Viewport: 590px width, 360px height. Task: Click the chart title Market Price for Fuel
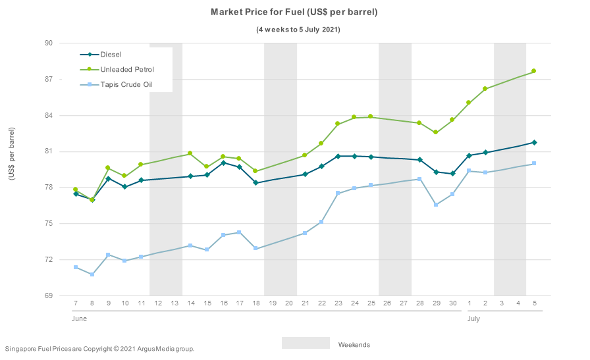pos(294,12)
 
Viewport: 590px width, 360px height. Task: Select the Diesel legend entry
pos(111,55)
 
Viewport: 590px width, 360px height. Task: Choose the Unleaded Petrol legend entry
pos(127,69)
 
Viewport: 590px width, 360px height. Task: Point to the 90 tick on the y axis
pos(48,43)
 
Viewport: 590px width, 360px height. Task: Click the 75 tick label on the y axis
pos(48,224)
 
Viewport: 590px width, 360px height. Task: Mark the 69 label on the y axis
pos(48,296)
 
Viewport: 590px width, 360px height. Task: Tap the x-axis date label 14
pos(190,303)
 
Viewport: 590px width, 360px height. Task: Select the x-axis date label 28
pos(419,303)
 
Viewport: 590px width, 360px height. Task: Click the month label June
pos(79,319)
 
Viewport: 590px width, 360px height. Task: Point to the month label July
pos(473,319)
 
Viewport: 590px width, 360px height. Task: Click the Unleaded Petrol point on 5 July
pos(534,71)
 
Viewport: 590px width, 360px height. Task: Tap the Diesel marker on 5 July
pos(534,143)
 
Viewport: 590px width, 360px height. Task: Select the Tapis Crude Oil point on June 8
pos(92,274)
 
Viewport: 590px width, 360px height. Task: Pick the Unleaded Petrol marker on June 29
pos(435,132)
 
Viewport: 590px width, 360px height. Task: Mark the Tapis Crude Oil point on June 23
pos(338,193)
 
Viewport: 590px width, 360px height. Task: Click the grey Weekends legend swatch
pos(306,343)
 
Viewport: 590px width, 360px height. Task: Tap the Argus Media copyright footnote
pos(99,348)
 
